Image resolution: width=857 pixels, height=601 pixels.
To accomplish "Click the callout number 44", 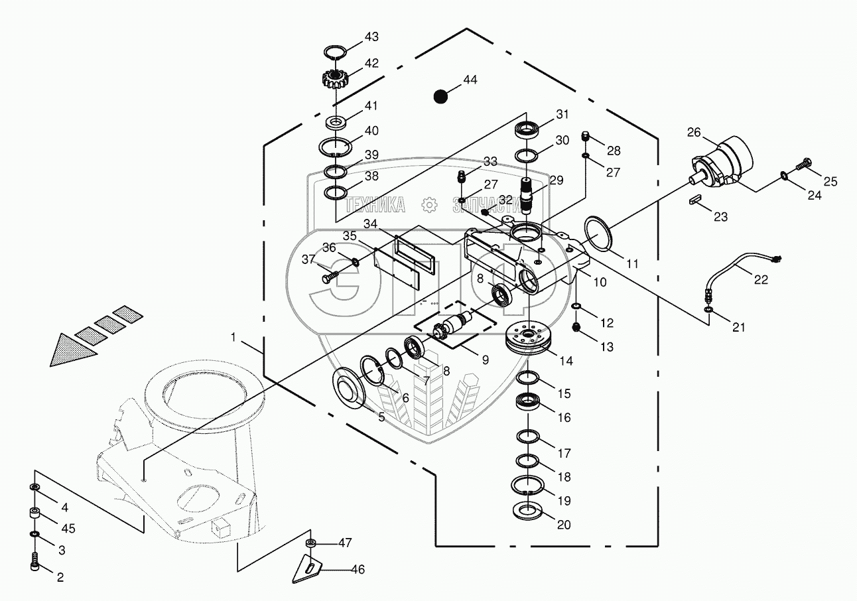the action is tap(470, 80).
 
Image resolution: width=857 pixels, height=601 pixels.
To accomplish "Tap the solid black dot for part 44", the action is tap(440, 96).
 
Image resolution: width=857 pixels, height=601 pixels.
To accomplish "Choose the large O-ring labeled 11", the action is tap(599, 234).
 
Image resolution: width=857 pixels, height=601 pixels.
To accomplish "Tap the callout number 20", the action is tap(564, 525).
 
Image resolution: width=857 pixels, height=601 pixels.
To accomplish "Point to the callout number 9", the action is tap(485, 360).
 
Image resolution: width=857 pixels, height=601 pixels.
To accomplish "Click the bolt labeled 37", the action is tap(330, 277).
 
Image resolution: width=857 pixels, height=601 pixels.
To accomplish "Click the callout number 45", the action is tap(68, 528).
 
